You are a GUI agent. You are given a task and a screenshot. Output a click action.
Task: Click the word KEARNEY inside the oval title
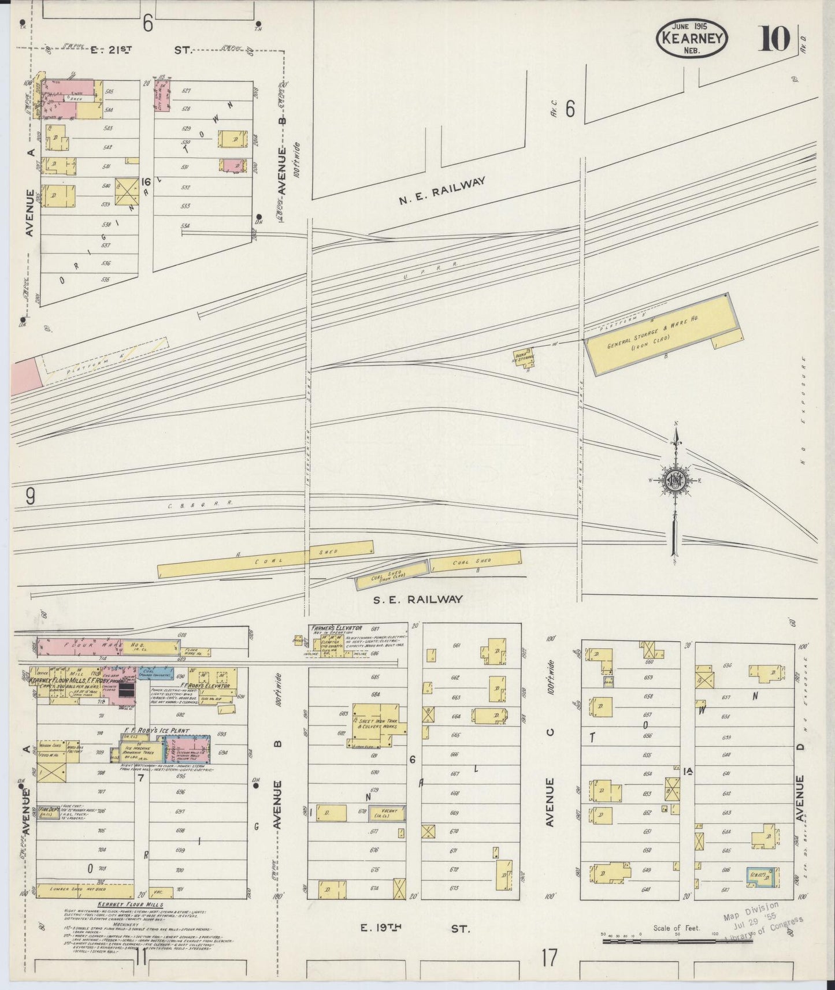click(x=692, y=39)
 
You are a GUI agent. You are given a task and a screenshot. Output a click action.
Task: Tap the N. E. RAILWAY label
click(x=441, y=192)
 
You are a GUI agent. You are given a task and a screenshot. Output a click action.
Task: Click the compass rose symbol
click(x=676, y=479)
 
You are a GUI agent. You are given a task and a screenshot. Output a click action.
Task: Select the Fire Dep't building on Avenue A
click(x=50, y=812)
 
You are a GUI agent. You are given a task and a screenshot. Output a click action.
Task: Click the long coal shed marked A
click(x=266, y=559)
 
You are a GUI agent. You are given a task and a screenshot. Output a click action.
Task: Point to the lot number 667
click(x=455, y=773)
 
